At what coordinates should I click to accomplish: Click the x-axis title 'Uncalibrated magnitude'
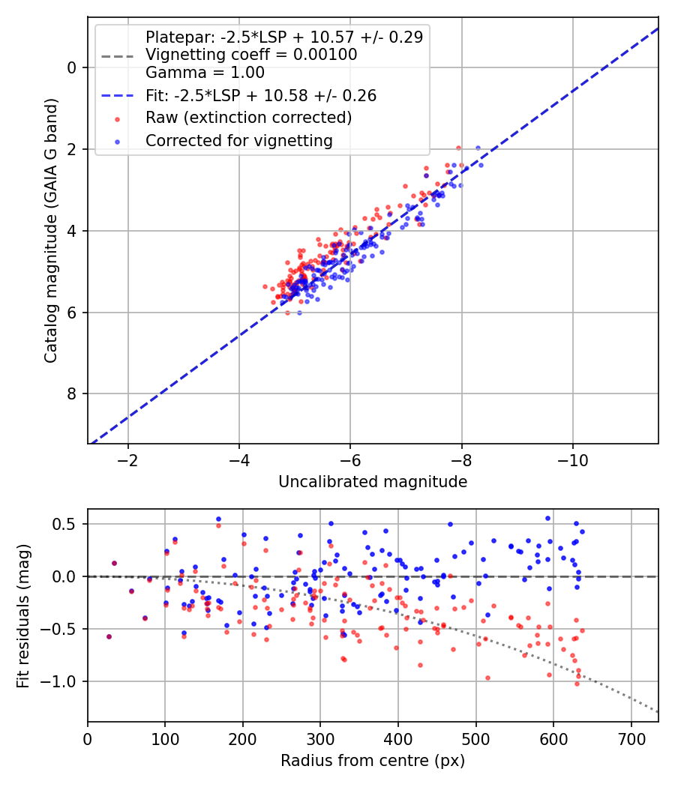pos(373,482)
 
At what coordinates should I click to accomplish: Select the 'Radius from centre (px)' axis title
pos(373,761)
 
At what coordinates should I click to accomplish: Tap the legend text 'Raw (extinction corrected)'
pos(248,118)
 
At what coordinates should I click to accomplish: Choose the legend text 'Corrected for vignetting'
pos(238,140)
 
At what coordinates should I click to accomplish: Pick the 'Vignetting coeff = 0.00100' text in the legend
pos(251,55)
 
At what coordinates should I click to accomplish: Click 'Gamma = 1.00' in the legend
pos(205,73)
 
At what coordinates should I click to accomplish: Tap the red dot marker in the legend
pos(116,118)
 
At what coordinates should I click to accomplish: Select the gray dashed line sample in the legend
pos(116,55)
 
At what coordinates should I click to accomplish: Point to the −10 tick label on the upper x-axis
pos(573,459)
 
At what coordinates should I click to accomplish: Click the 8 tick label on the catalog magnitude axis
pos(72,394)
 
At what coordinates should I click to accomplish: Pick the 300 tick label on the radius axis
pos(320,738)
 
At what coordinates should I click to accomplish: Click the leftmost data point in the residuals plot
pos(109,636)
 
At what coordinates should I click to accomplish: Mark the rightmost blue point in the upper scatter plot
pos(478,148)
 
